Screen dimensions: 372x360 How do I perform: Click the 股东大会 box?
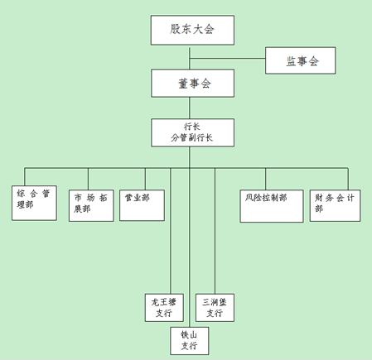[192, 30]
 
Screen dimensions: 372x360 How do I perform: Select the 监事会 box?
[301, 60]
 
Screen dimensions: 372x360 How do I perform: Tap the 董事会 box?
[193, 83]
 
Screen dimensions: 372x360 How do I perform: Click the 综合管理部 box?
[34, 203]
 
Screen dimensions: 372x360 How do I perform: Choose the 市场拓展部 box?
[91, 205]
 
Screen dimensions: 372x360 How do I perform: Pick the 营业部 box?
[142, 205]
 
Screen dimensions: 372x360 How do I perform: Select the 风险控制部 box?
[272, 206]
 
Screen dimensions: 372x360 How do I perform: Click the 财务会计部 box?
[335, 205]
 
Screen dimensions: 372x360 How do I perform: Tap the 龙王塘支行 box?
[164, 308]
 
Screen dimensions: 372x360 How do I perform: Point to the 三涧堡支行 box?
[215, 308]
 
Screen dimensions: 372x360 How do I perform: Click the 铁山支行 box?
[190, 341]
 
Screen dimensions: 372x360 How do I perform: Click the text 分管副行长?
[191, 137]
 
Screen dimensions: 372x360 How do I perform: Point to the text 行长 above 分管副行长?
[192, 127]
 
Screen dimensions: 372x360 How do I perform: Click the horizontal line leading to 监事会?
[228, 59]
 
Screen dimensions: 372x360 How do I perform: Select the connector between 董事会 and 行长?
[190, 108]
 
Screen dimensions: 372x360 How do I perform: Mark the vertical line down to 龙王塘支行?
[171, 231]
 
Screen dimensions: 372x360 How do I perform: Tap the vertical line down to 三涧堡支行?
[215, 231]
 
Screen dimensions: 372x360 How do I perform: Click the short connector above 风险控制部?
[266, 179]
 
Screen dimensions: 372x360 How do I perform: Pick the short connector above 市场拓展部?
[89, 179]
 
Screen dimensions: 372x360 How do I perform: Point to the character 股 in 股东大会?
[175, 29]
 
